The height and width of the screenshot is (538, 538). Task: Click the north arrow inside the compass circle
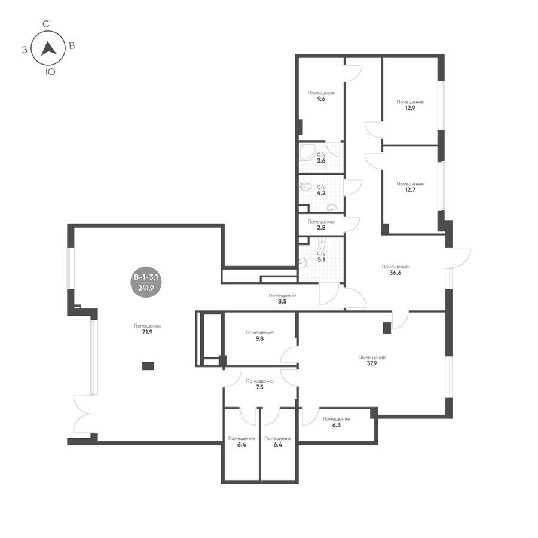tap(48, 49)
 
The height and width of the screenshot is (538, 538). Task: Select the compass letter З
tap(25, 50)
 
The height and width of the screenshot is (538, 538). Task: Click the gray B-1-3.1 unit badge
tap(146, 282)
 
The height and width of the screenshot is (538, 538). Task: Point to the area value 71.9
tap(147, 332)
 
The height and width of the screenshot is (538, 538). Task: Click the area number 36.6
tap(395, 273)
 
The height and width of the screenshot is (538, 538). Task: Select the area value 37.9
tap(372, 363)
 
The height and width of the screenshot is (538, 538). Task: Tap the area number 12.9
tap(410, 108)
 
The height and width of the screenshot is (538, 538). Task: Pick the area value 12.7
tap(410, 189)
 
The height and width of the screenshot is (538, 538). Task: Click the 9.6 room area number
tap(321, 99)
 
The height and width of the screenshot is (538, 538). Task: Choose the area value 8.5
tap(282, 302)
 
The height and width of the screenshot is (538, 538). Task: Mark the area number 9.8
tap(260, 339)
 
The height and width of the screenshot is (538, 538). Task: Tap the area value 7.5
tap(260, 387)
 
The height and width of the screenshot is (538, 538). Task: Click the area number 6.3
tap(336, 425)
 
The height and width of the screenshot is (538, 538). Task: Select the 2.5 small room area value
tap(321, 228)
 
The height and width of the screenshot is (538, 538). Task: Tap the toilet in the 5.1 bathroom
tap(322, 244)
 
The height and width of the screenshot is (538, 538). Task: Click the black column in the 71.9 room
tap(148, 366)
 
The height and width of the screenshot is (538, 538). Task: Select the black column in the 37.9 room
tap(387, 328)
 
